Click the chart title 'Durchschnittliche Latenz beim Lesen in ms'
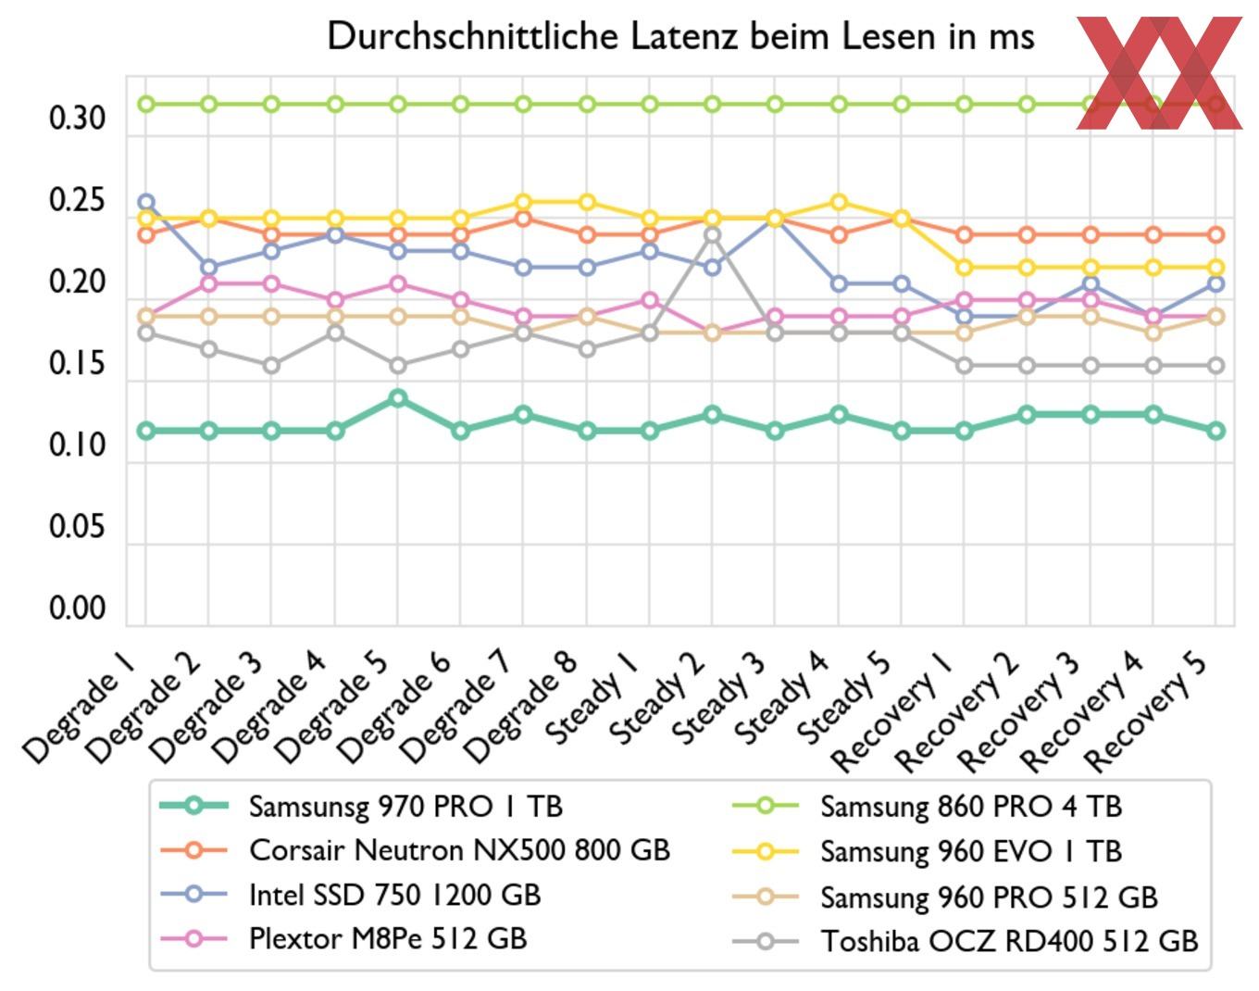pos(680,37)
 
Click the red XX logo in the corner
pos(1159,72)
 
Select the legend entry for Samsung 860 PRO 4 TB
pos(970,807)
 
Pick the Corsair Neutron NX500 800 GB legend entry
pos(459,850)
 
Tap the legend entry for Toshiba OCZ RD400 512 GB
pos(1009,941)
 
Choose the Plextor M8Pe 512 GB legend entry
pos(388,939)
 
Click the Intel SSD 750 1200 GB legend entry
pos(394,895)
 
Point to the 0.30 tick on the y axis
pos(77,119)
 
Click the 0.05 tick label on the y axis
pos(77,528)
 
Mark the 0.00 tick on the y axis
pos(77,609)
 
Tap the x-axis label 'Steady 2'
pos(658,699)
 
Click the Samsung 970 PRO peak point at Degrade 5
pos(398,398)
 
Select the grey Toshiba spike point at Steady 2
pos(712,235)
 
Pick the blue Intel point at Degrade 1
pos(145,202)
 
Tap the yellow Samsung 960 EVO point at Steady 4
pos(839,202)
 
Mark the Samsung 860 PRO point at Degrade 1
pos(145,104)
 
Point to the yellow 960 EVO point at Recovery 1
pos(965,268)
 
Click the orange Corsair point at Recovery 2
pos(1028,235)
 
